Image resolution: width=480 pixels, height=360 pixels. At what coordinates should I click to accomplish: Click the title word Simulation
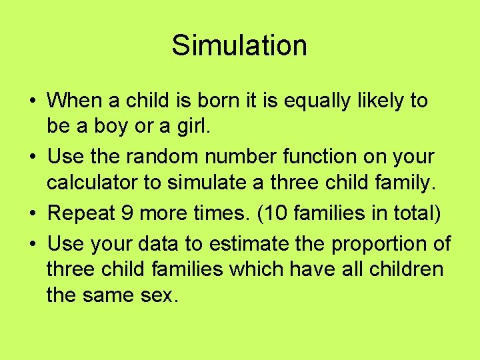pos(239,45)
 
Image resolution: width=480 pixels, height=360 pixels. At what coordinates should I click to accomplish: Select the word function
pos(317,157)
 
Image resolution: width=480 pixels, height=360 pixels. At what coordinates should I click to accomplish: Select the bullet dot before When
pos(33,101)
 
